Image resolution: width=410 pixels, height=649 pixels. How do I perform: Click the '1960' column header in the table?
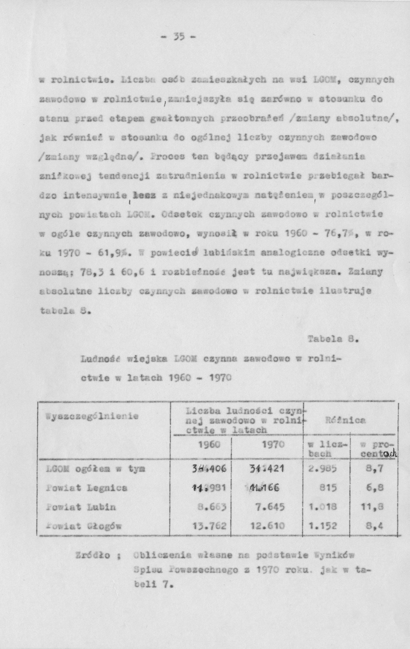tap(209, 444)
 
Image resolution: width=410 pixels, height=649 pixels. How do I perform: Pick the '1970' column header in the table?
tap(273, 444)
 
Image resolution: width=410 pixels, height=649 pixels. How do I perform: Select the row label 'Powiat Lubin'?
tap(81, 507)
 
